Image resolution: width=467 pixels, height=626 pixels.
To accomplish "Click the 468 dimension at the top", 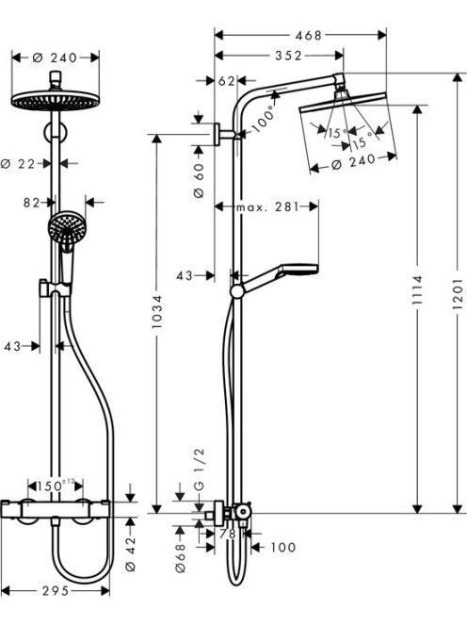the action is click(308, 35).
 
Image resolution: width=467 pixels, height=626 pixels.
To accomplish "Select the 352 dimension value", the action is click(288, 56).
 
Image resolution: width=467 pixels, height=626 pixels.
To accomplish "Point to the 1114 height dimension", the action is click(417, 289).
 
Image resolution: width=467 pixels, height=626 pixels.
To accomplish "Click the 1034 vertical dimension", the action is click(157, 312).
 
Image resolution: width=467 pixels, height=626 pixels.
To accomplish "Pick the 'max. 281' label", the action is click(267, 206).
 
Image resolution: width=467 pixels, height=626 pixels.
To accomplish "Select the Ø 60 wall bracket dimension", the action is click(199, 180).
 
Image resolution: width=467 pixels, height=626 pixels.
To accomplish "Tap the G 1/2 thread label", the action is click(199, 469).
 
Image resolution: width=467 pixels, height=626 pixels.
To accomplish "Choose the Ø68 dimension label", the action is click(181, 558).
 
